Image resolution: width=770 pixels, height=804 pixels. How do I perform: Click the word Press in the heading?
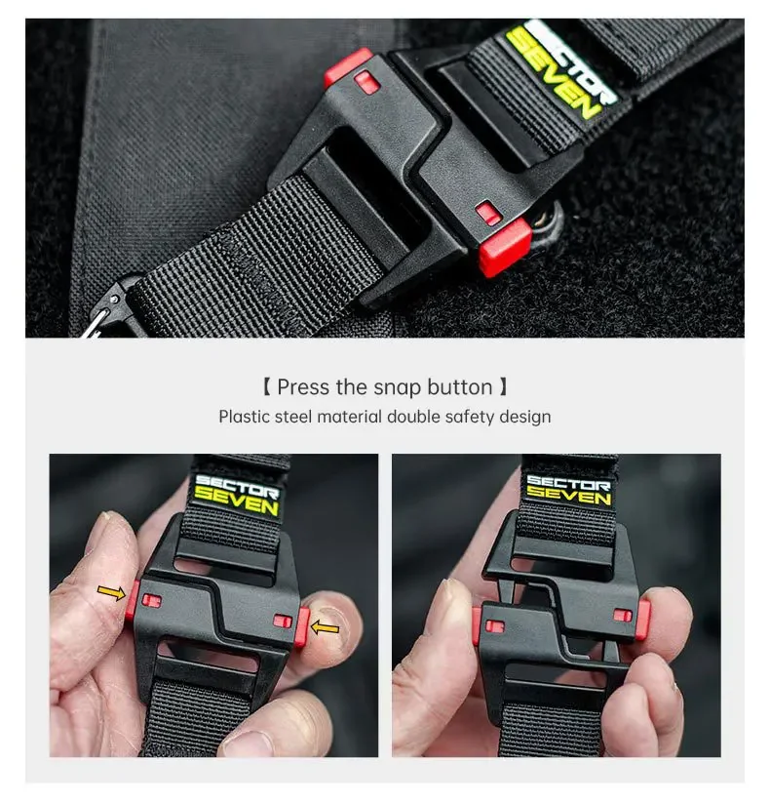pyautogui.click(x=303, y=387)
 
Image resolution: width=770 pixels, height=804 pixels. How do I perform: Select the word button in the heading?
pyautogui.click(x=459, y=387)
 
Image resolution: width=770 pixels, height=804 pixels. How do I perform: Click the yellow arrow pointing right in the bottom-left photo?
pyautogui.click(x=111, y=592)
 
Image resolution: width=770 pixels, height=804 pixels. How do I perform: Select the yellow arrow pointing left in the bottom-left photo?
pyautogui.click(x=326, y=627)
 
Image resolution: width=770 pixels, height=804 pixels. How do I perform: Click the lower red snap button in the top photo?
pyautogui.click(x=505, y=247)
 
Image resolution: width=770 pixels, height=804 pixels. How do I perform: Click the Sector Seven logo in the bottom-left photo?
pyautogui.click(x=236, y=495)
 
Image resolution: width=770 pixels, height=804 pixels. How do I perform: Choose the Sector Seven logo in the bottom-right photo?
pyautogui.click(x=568, y=490)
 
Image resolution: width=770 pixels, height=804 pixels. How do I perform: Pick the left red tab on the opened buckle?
pyautogui.click(x=477, y=625)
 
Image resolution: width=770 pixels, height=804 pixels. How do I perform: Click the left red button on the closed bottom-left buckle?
pyautogui.click(x=133, y=600)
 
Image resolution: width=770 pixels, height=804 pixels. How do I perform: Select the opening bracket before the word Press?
pyautogui.click(x=266, y=387)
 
